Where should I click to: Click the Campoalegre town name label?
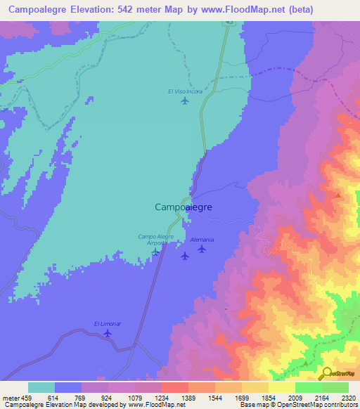point(183,207)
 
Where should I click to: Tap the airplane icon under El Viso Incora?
point(185,100)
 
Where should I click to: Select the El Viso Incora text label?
point(184,91)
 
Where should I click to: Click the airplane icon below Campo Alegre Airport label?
point(155,252)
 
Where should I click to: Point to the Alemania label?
point(202,240)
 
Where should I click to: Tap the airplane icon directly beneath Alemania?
point(202,249)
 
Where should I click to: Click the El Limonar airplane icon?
point(108,332)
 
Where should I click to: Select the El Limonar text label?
point(108,323)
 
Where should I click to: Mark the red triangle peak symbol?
point(338,195)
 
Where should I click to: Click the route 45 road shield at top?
point(229,22)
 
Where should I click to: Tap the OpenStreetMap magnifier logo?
point(327,373)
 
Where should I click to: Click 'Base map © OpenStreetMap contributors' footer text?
point(298,405)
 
